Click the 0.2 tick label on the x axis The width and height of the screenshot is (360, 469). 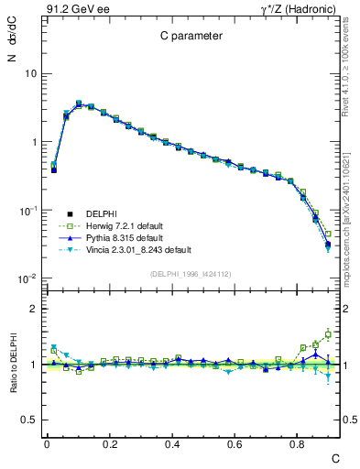click(109, 443)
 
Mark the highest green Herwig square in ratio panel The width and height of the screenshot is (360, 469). click(328, 334)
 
